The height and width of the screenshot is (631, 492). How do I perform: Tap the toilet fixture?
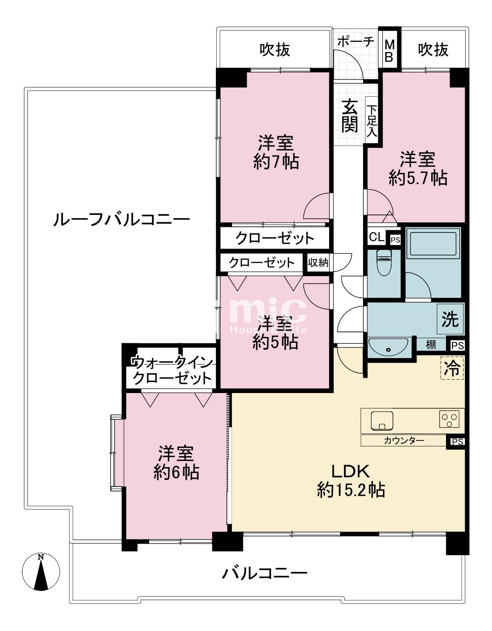[384, 262]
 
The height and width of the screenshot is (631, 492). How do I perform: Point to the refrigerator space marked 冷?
[452, 368]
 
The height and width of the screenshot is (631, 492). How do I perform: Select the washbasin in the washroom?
[389, 347]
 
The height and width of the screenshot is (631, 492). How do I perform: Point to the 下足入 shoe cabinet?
[371, 121]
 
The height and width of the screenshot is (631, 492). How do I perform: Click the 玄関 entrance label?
[349, 116]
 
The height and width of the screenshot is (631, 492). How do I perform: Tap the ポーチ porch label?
[356, 41]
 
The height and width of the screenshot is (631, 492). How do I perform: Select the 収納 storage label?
[318, 263]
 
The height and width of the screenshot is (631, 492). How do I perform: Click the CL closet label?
[377, 238]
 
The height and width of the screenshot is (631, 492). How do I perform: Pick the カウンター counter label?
[404, 441]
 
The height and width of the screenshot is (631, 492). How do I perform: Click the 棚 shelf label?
[431, 345]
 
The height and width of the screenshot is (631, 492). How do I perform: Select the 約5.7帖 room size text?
[418, 177]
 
